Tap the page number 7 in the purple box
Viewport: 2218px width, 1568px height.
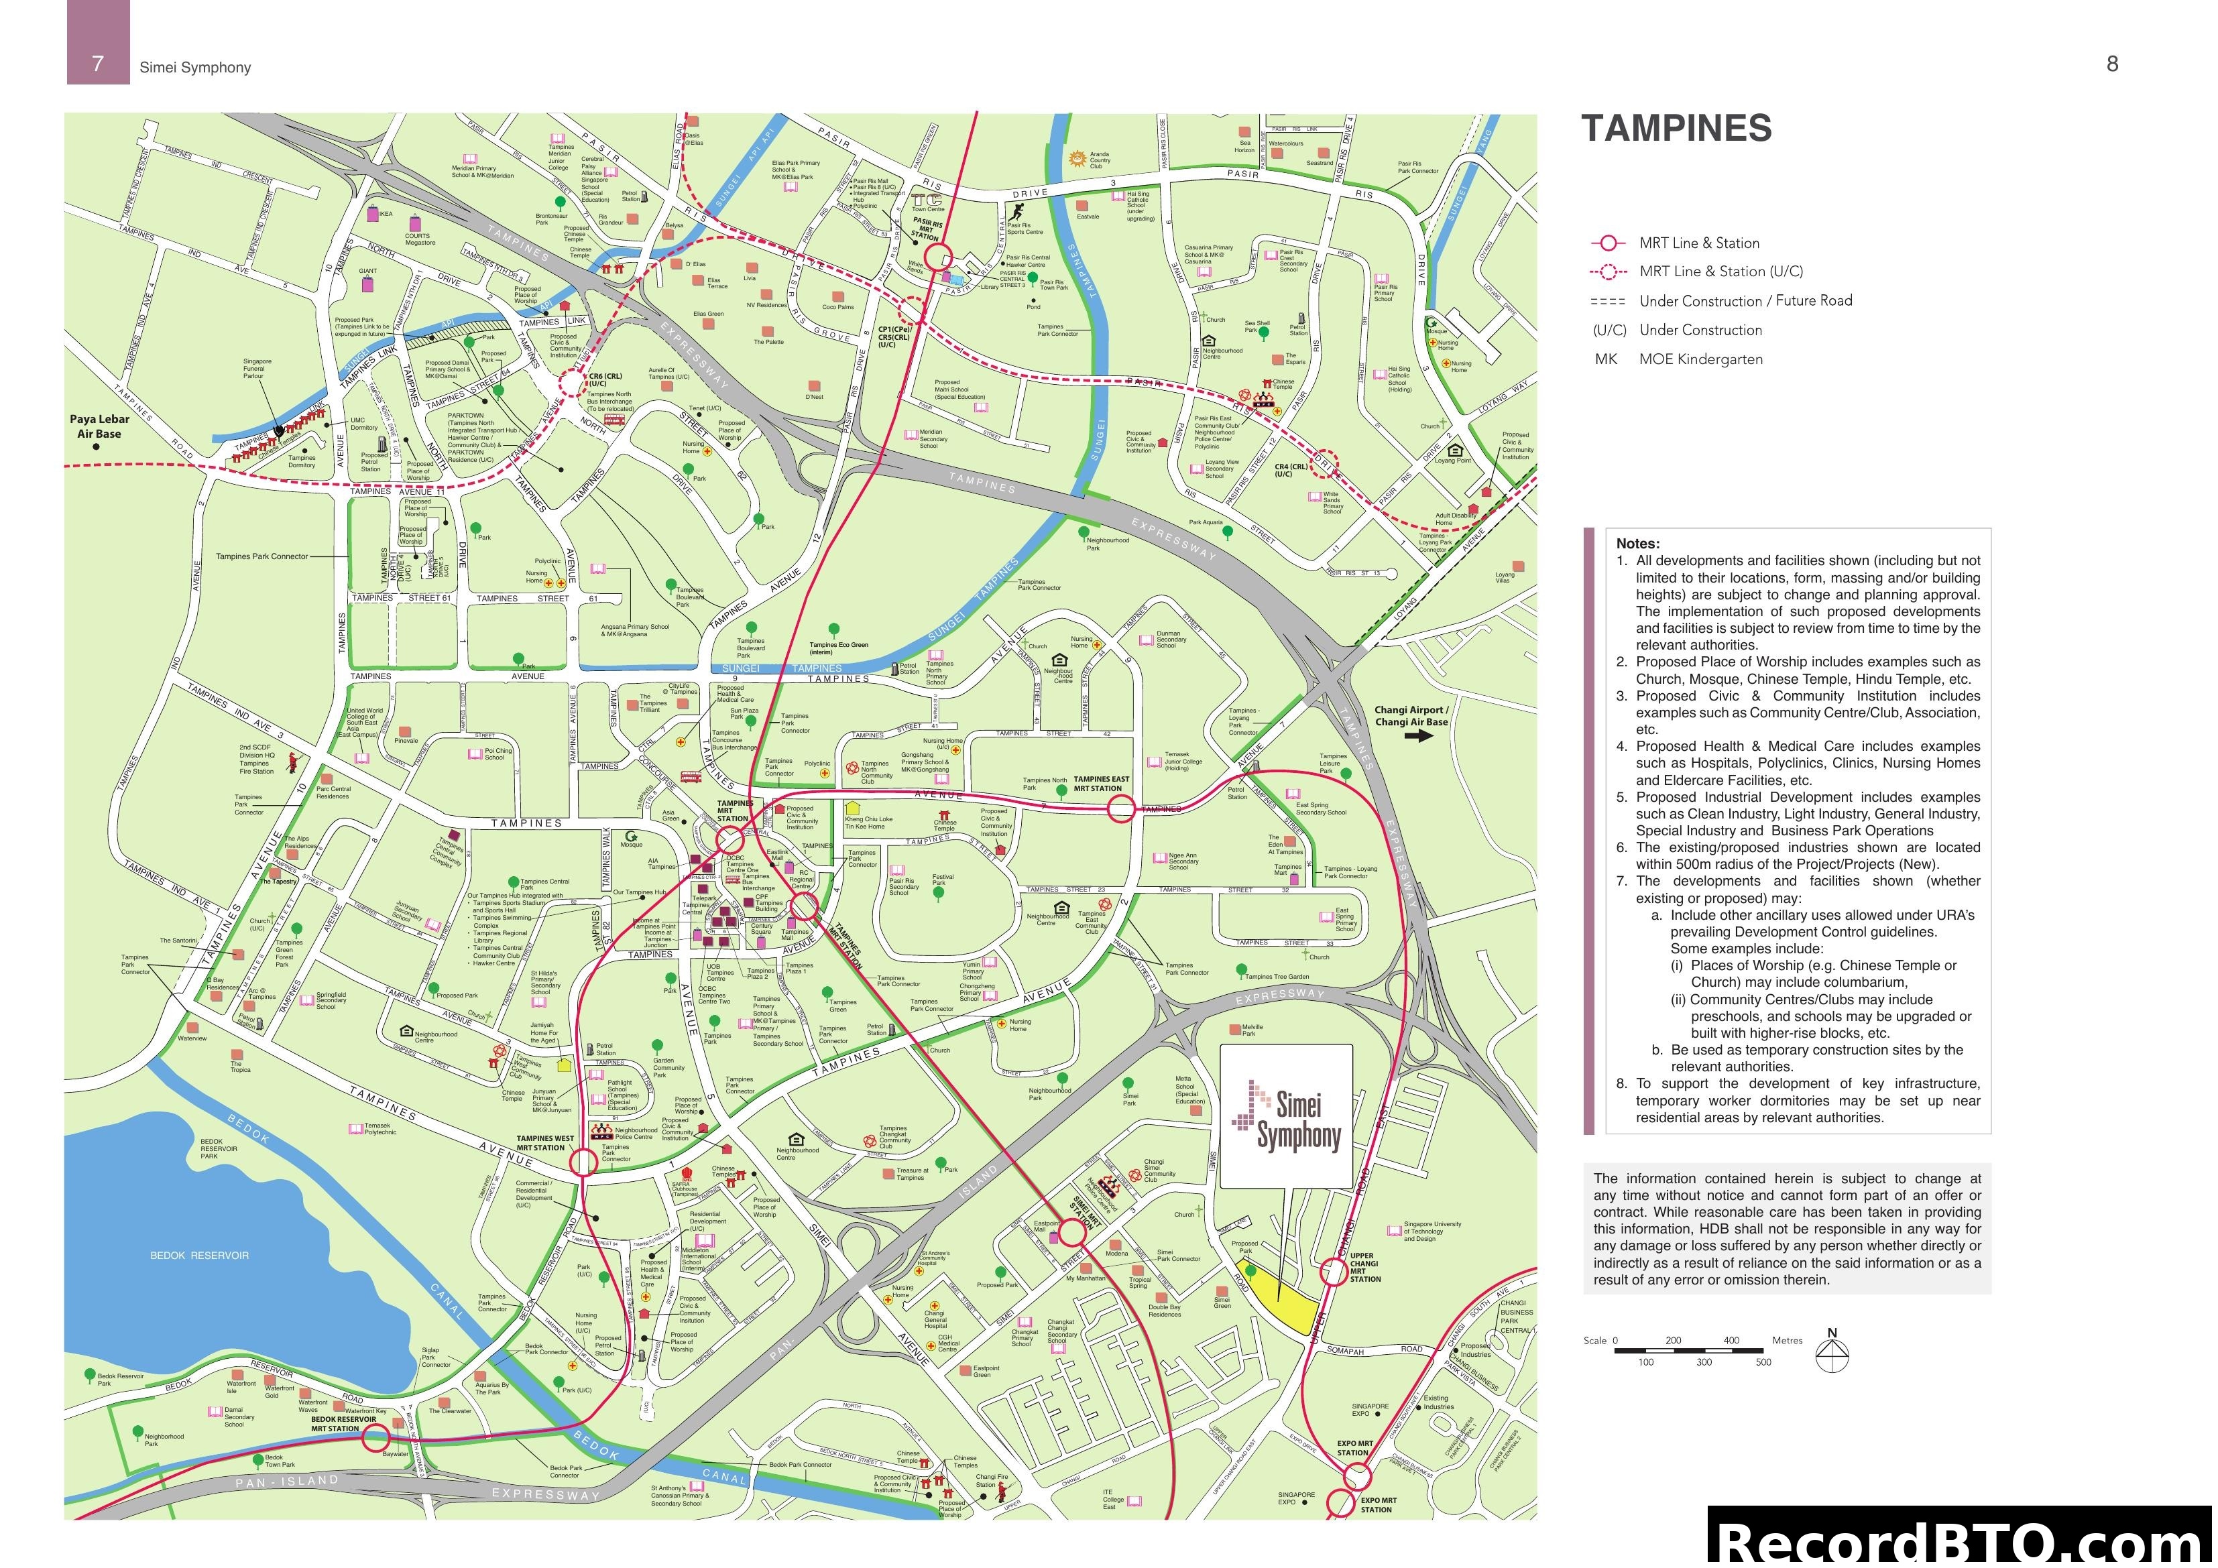pyautogui.click(x=98, y=64)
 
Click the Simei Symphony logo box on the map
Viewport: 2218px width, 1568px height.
pyautogui.click(x=1286, y=1116)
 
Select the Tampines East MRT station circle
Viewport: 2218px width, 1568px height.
pyautogui.click(x=1120, y=808)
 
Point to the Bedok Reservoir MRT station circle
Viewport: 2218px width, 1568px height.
pyautogui.click(x=375, y=1439)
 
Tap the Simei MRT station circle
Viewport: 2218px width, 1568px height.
pyautogui.click(x=1072, y=1233)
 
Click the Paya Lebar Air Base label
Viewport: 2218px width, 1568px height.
pyautogui.click(x=99, y=426)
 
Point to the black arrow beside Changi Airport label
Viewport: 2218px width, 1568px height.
pyautogui.click(x=1418, y=735)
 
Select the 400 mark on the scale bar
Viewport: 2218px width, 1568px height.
pyautogui.click(x=1731, y=1340)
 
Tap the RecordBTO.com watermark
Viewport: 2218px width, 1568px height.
pyautogui.click(x=1961, y=1541)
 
